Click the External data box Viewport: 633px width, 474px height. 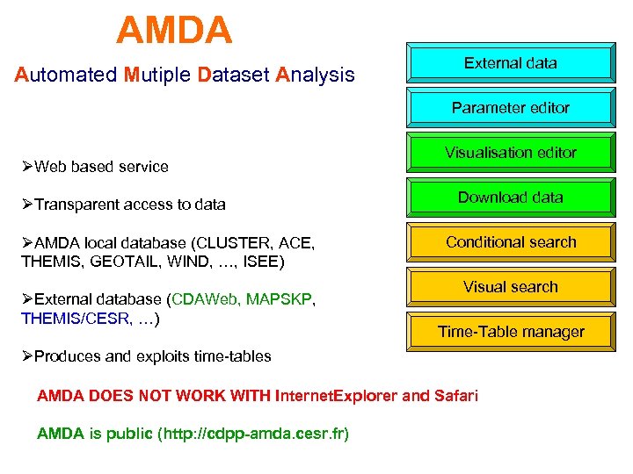click(x=510, y=63)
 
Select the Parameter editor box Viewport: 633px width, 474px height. click(x=510, y=108)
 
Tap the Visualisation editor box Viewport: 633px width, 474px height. click(x=510, y=153)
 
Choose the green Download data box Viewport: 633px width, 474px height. click(x=510, y=197)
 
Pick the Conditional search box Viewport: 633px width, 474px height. click(x=510, y=242)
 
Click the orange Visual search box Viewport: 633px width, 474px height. click(x=510, y=287)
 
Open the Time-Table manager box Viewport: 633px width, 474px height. click(x=510, y=332)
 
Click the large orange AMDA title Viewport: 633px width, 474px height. click(x=174, y=32)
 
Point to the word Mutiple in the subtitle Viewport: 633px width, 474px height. click(x=157, y=75)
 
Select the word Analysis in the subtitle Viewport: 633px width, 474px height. click(x=315, y=75)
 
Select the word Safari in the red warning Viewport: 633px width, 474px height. click(x=455, y=396)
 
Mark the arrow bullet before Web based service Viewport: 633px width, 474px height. click(x=26, y=167)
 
